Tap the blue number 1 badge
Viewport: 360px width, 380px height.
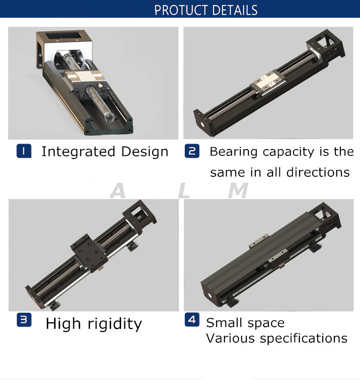[x=24, y=151]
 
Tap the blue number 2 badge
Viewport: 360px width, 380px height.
[x=192, y=151]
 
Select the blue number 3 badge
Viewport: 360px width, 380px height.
[x=24, y=320]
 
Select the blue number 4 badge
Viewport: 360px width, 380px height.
[x=192, y=320]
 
